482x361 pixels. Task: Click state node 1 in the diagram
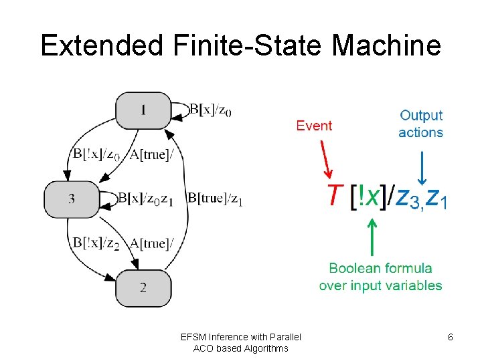(x=143, y=111)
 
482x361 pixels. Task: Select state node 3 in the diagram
(x=72, y=199)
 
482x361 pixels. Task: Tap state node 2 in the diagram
(x=143, y=287)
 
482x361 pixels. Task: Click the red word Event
(x=314, y=126)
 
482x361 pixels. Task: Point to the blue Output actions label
(x=420, y=124)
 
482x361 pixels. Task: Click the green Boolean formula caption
(x=380, y=277)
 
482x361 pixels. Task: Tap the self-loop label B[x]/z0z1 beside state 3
(x=146, y=199)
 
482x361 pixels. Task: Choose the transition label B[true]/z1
(x=215, y=199)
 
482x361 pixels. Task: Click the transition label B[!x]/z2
(x=96, y=243)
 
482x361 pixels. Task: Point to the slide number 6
(x=451, y=337)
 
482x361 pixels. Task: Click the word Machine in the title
(x=386, y=45)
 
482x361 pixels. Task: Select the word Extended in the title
(x=101, y=45)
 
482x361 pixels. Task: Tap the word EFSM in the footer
(x=195, y=337)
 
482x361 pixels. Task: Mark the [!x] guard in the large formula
(x=369, y=197)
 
